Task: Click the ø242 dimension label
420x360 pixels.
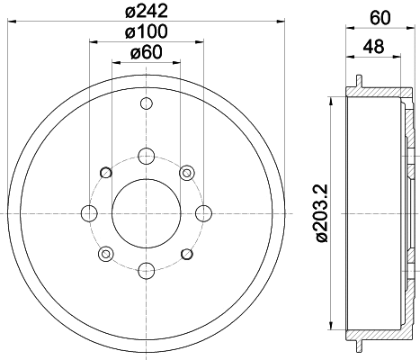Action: click(146, 11)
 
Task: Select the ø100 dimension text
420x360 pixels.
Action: click(146, 32)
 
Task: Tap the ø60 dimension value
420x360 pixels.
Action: click(146, 53)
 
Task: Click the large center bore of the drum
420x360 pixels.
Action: click(146, 212)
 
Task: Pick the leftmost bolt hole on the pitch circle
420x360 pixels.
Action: click(89, 212)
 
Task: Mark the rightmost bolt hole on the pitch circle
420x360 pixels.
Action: click(202, 212)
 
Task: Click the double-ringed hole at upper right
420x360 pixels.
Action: click(186, 172)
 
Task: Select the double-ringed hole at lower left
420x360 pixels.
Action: click(106, 253)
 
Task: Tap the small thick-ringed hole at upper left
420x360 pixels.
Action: click(106, 172)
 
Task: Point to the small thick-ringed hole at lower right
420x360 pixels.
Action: click(186, 253)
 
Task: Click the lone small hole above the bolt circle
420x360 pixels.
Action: click(146, 105)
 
